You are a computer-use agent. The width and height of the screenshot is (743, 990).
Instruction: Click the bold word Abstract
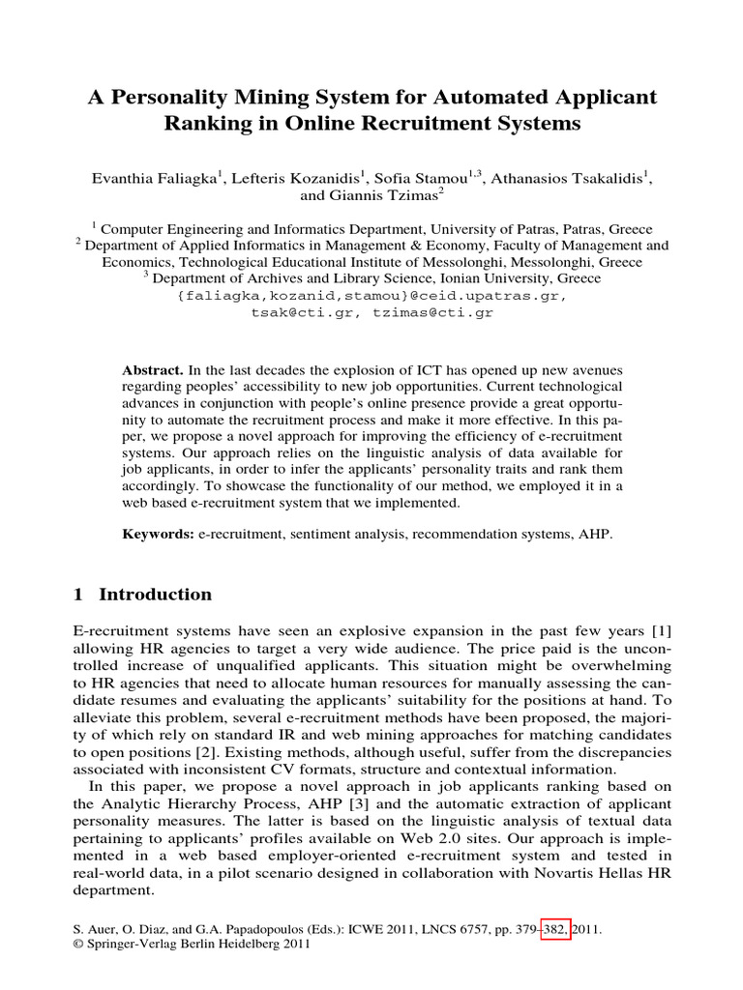153,370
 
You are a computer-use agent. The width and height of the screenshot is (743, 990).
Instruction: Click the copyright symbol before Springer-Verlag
78,945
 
